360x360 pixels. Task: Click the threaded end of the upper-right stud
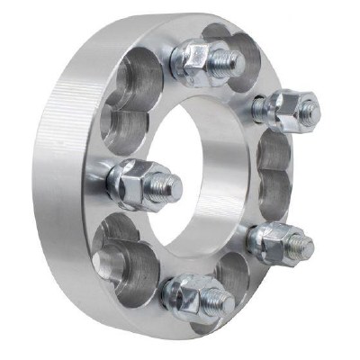click(x=309, y=111)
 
